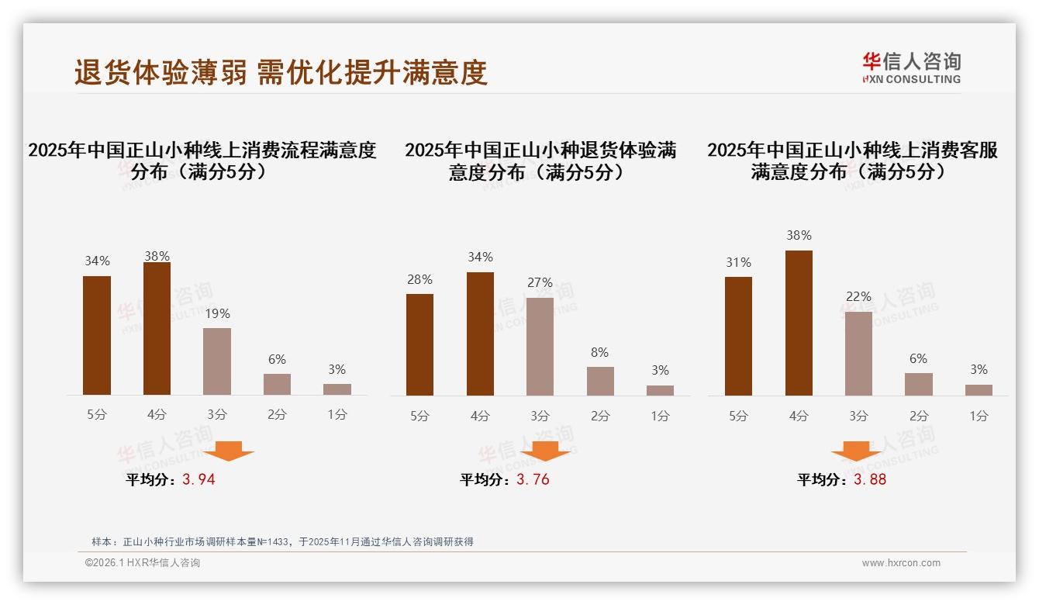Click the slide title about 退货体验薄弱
click(x=280, y=72)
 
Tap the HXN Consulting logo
click(x=911, y=68)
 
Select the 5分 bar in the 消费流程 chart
click(x=97, y=335)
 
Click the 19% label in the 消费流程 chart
click(x=217, y=314)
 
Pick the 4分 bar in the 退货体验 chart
click(x=480, y=334)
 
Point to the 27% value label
click(x=540, y=283)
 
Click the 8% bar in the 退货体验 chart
click(x=600, y=381)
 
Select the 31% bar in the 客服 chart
click(x=738, y=336)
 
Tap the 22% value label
click(x=859, y=297)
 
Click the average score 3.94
click(x=198, y=479)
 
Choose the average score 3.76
click(x=533, y=479)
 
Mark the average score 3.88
click(x=870, y=479)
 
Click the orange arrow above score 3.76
click(x=545, y=451)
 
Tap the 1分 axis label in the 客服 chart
click(x=979, y=416)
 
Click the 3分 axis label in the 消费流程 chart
click(x=217, y=415)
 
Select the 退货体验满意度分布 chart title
click(x=540, y=161)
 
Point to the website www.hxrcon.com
click(x=901, y=563)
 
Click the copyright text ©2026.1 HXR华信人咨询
click(x=143, y=563)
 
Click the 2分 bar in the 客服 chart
click(x=919, y=384)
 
